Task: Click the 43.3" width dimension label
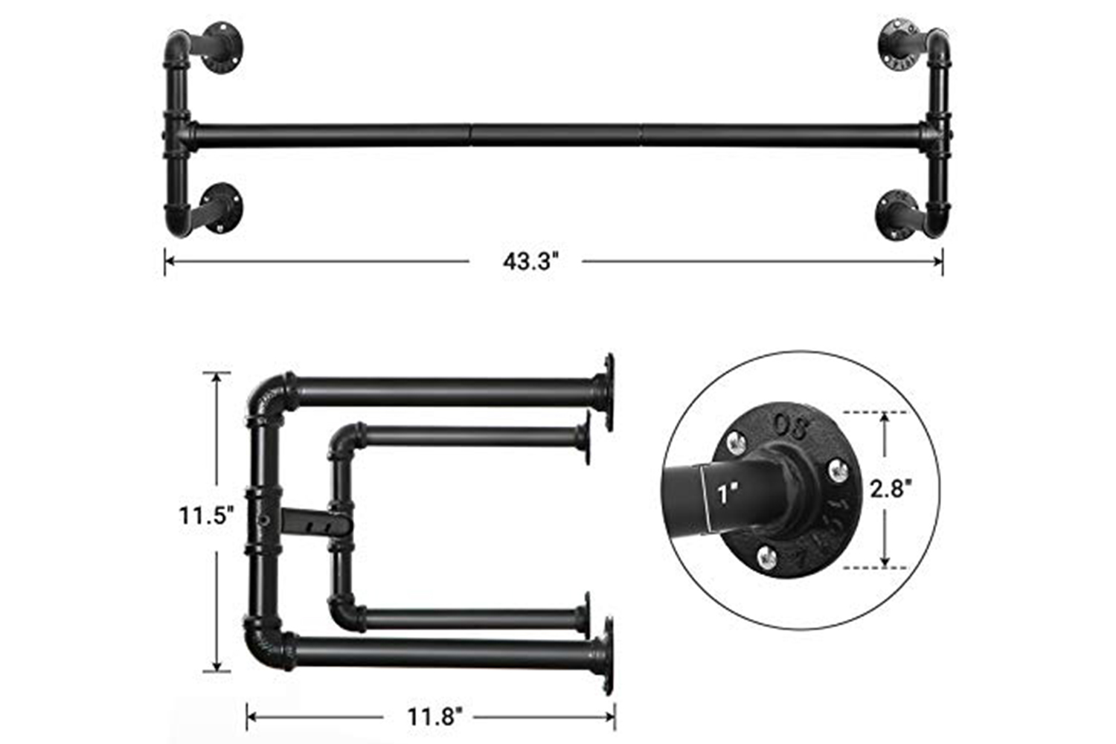527,262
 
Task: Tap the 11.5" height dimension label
206,516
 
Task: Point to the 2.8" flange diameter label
891,489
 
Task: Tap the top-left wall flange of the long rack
222,48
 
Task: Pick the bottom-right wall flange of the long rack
897,215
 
